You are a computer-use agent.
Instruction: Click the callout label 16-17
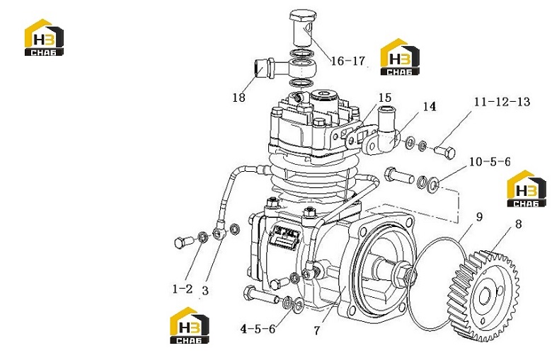pyautogui.click(x=347, y=61)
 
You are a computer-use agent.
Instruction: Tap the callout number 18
pyautogui.click(x=238, y=98)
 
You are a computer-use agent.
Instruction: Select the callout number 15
pyautogui.click(x=385, y=98)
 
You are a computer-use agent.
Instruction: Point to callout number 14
pyautogui.click(x=429, y=106)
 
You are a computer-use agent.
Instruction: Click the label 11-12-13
pyautogui.click(x=502, y=102)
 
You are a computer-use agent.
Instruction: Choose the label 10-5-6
pyautogui.click(x=490, y=161)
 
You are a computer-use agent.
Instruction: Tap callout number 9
pyautogui.click(x=479, y=216)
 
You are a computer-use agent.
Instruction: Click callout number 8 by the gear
pyautogui.click(x=518, y=223)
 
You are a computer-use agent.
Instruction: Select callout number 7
pyautogui.click(x=317, y=330)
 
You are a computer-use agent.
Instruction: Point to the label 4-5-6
pyautogui.click(x=258, y=329)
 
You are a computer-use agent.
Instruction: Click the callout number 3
pyautogui.click(x=205, y=291)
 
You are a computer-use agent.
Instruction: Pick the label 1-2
pyautogui.click(x=183, y=289)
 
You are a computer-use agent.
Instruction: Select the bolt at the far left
pyautogui.click(x=183, y=242)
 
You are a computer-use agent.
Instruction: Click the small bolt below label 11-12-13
pyautogui.click(x=444, y=152)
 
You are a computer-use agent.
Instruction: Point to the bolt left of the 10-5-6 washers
pyautogui.click(x=400, y=175)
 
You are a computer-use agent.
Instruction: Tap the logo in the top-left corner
pyautogui.click(x=44, y=37)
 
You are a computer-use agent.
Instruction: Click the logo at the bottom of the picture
pyautogui.click(x=190, y=325)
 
